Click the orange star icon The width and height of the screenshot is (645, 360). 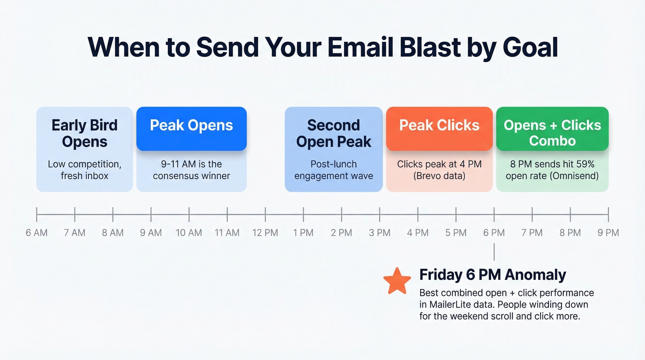click(x=397, y=281)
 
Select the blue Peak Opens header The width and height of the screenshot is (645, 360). click(x=191, y=126)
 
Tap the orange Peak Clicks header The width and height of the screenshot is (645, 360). click(x=439, y=126)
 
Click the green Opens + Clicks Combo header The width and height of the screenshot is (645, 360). click(x=552, y=133)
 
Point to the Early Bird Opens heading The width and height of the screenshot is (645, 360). click(x=84, y=133)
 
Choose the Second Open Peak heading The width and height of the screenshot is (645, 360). click(x=334, y=133)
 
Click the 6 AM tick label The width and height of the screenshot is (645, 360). click(x=37, y=233)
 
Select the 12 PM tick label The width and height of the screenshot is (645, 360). click(x=265, y=233)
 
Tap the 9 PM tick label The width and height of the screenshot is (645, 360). click(x=608, y=233)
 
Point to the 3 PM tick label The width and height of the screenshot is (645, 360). click(x=380, y=233)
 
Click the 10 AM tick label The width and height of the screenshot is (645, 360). click(x=189, y=233)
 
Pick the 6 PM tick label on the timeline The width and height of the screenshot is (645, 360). click(x=494, y=233)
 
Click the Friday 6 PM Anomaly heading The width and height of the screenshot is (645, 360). click(x=493, y=275)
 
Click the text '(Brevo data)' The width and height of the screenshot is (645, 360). click(x=439, y=176)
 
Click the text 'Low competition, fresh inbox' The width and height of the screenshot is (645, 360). click(x=84, y=170)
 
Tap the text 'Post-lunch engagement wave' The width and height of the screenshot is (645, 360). click(x=334, y=170)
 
